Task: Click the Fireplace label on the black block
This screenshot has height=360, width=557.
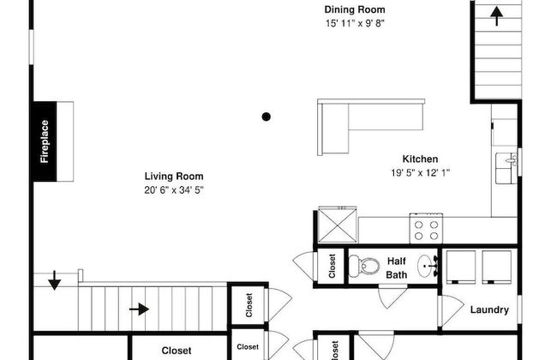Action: (x=45, y=141)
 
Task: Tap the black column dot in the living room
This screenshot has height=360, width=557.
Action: (x=266, y=117)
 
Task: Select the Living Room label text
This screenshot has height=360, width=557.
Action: (x=174, y=177)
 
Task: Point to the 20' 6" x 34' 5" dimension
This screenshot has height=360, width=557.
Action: (x=174, y=190)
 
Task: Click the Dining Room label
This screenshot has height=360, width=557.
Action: (x=355, y=9)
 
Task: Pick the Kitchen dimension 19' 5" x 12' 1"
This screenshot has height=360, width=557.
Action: (x=420, y=173)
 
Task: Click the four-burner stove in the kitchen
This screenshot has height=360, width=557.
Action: (x=426, y=229)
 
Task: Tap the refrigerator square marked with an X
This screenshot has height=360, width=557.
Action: (x=338, y=225)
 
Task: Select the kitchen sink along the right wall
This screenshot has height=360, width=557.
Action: (x=506, y=169)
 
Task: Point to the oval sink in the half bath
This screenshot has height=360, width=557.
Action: (x=428, y=266)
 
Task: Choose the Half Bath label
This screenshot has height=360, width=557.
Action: (x=397, y=268)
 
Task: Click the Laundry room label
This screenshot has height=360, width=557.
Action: (x=489, y=310)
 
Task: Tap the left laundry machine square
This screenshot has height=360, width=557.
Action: (x=461, y=267)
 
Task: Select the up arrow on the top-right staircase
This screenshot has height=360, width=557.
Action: (x=497, y=16)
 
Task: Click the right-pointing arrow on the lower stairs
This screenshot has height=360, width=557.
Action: (x=139, y=309)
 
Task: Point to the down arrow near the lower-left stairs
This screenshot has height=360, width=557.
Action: (x=54, y=280)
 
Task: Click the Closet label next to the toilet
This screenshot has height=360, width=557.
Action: (x=332, y=266)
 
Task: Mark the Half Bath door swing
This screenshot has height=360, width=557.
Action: (x=392, y=297)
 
